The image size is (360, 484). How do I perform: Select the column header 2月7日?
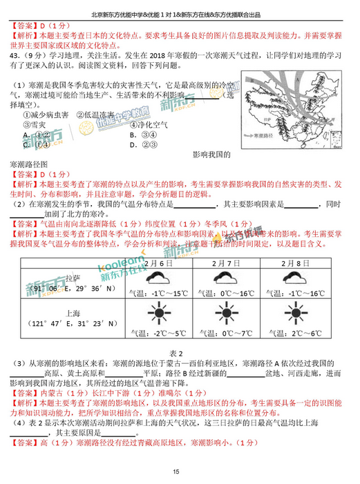229,264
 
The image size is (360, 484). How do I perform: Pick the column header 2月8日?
301,264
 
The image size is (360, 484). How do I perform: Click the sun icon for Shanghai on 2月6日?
158,316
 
